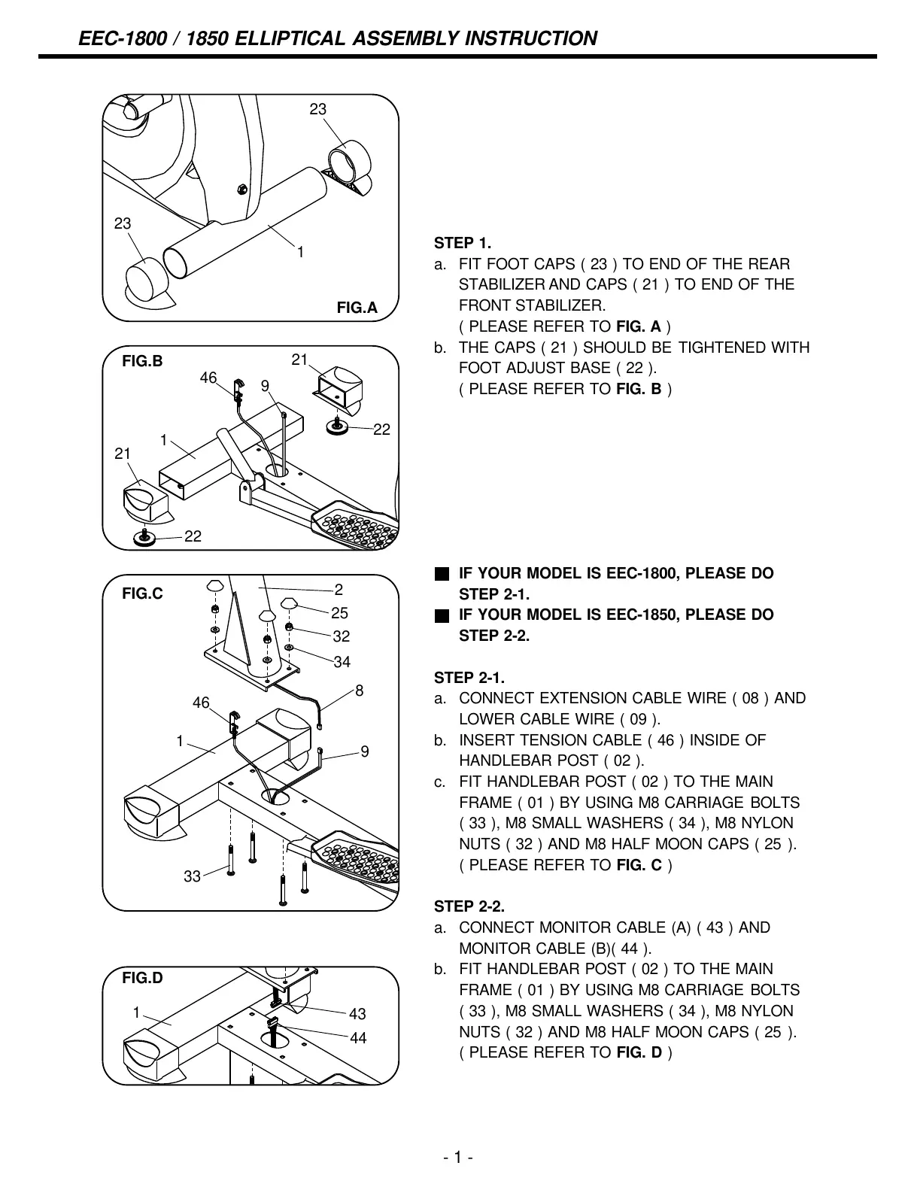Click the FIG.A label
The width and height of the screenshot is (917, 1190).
(357, 308)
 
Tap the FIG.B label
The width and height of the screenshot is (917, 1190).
(142, 361)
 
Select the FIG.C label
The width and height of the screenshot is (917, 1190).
(142, 593)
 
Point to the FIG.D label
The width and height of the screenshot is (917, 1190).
(142, 978)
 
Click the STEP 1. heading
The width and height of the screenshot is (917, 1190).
(462, 243)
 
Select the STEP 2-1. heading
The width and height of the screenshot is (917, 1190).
(469, 678)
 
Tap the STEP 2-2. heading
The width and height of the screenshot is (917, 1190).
(469, 906)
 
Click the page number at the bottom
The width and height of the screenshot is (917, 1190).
(457, 1157)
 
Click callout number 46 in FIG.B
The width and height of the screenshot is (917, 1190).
(208, 378)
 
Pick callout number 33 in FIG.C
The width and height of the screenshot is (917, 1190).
(192, 876)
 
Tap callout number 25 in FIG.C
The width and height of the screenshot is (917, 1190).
(341, 613)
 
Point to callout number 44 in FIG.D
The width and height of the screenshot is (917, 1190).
(358, 1038)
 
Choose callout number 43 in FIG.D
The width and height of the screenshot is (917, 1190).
(357, 1014)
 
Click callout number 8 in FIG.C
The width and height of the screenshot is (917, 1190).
(360, 690)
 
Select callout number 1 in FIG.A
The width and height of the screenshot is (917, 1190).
(300, 253)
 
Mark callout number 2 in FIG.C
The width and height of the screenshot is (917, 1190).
(339, 590)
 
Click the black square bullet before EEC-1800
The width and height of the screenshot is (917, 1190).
(442, 574)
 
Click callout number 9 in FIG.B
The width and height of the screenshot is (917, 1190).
(265, 386)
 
